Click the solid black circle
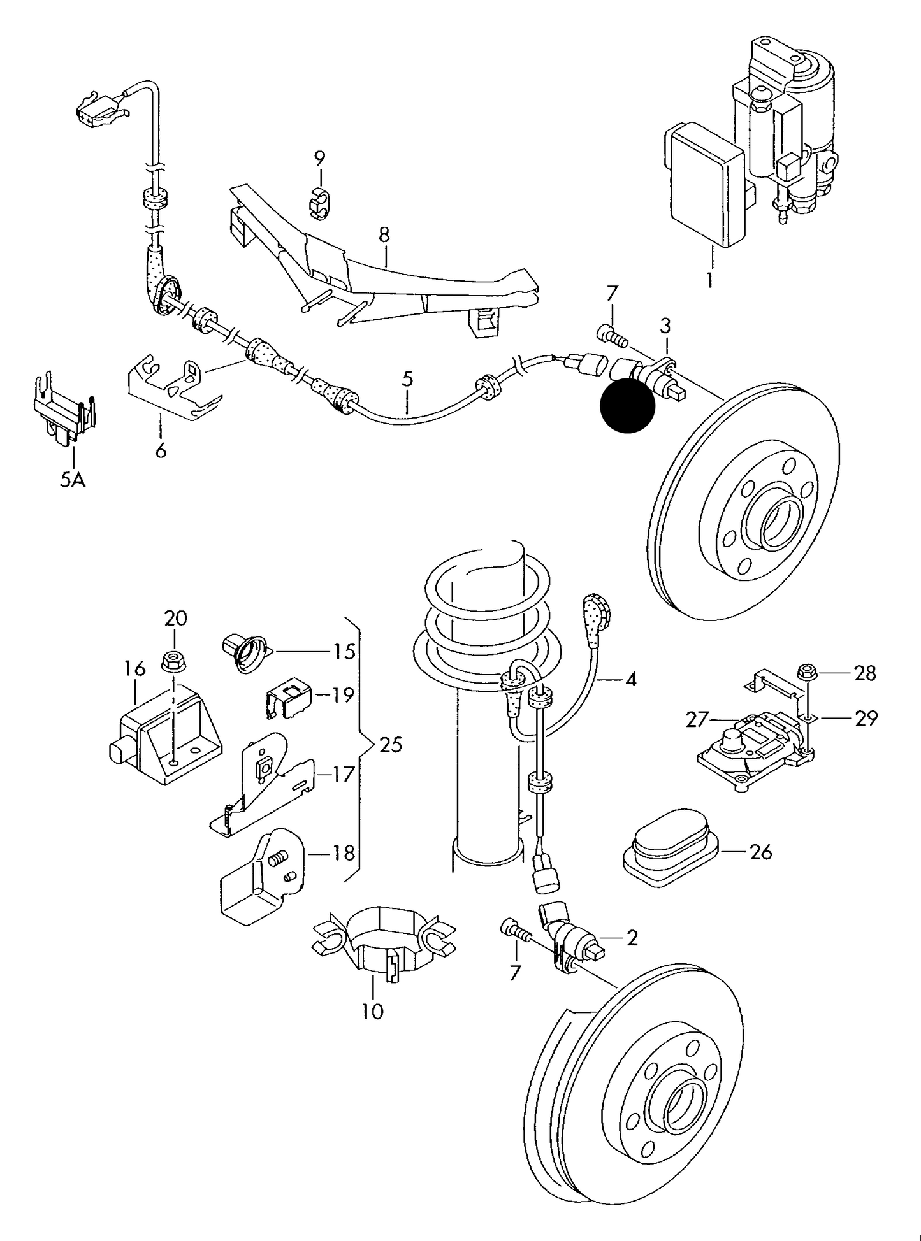[628, 406]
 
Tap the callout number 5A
[73, 479]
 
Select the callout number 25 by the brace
[390, 743]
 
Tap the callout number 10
[373, 1011]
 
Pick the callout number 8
[384, 235]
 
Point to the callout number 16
[134, 668]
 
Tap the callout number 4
[630, 680]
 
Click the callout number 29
[865, 718]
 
